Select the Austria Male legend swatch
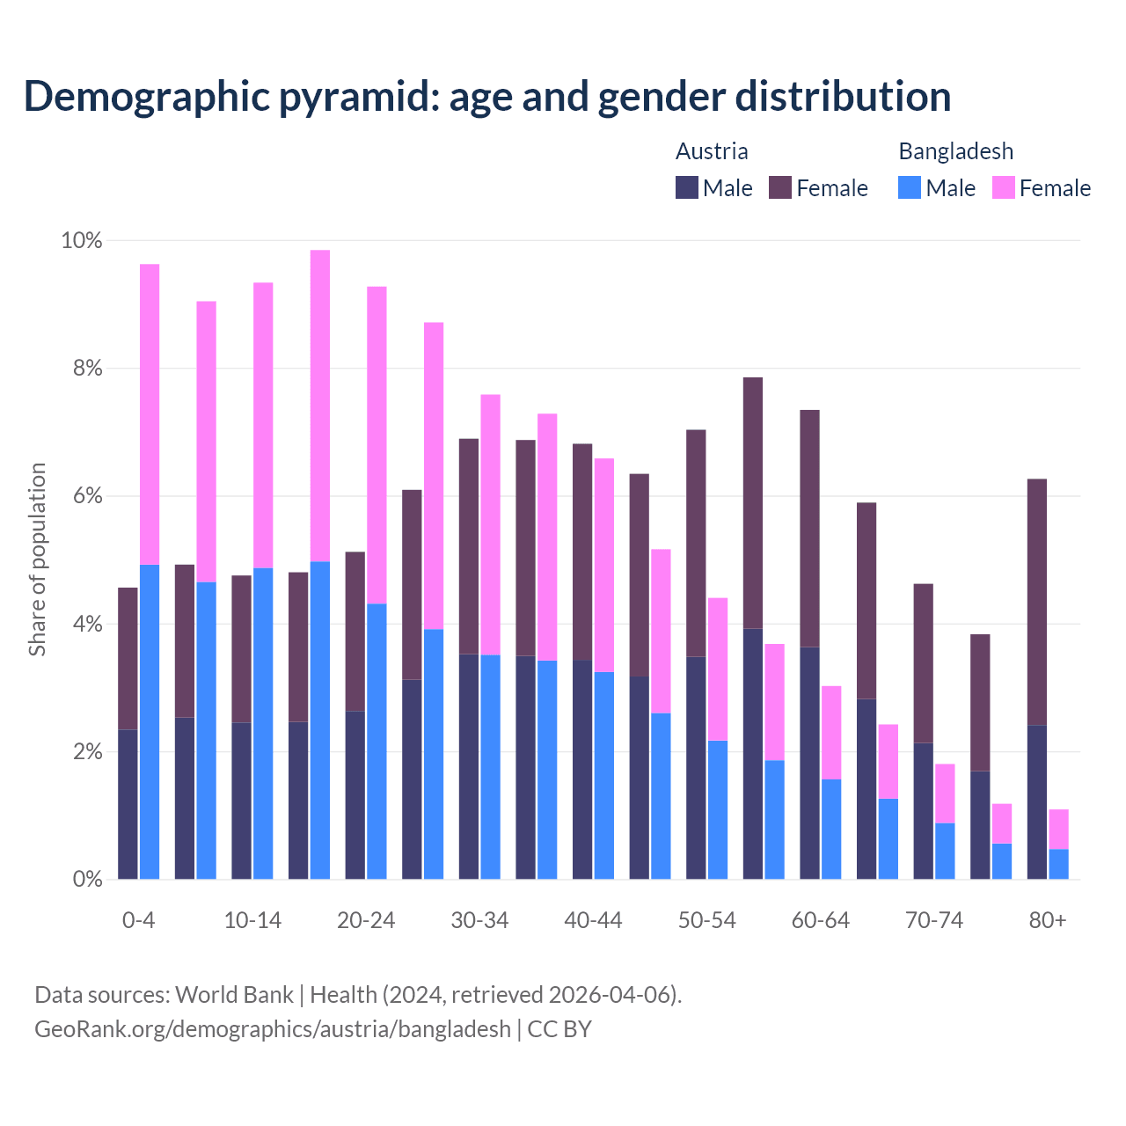click(687, 187)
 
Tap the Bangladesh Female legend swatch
click(1004, 187)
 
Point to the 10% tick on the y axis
click(81, 240)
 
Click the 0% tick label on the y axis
click(86, 879)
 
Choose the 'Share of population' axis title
click(37, 559)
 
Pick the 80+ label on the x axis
click(1048, 920)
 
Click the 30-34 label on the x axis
click(479, 920)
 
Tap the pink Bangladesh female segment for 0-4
click(150, 413)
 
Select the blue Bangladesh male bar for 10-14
click(263, 723)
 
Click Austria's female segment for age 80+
click(1037, 602)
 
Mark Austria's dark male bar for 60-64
click(809, 763)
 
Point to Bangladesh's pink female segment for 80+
click(1059, 829)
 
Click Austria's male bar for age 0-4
click(128, 804)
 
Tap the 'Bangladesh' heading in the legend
click(955, 151)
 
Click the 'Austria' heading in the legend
click(712, 151)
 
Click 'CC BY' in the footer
click(559, 1029)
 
